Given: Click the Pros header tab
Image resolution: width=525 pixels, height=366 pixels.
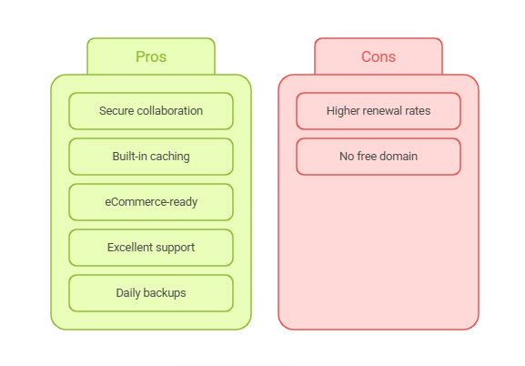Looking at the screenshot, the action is pos(151,56).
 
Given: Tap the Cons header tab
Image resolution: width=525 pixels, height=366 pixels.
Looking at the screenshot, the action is pos(379,56).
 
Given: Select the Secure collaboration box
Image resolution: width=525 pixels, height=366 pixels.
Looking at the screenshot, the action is pos(151,111).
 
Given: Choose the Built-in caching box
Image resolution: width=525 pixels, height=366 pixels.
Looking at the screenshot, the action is pos(151,157).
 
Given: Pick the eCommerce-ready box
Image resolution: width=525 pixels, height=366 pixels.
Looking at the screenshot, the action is pos(151,202).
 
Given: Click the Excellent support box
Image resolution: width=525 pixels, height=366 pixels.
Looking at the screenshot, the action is pos(151,248).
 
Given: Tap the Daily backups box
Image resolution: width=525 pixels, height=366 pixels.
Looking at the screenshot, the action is pos(151,293).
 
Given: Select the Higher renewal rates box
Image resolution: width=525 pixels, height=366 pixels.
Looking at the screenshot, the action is pos(379,111).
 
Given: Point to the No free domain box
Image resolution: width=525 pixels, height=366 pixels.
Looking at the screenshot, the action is pos(379,157).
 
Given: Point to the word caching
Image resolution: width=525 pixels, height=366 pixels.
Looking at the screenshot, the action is pos(170,157).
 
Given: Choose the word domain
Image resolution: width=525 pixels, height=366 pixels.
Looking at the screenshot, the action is pos(399,157).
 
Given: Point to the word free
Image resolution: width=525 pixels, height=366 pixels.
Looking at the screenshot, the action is pos(367,157).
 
